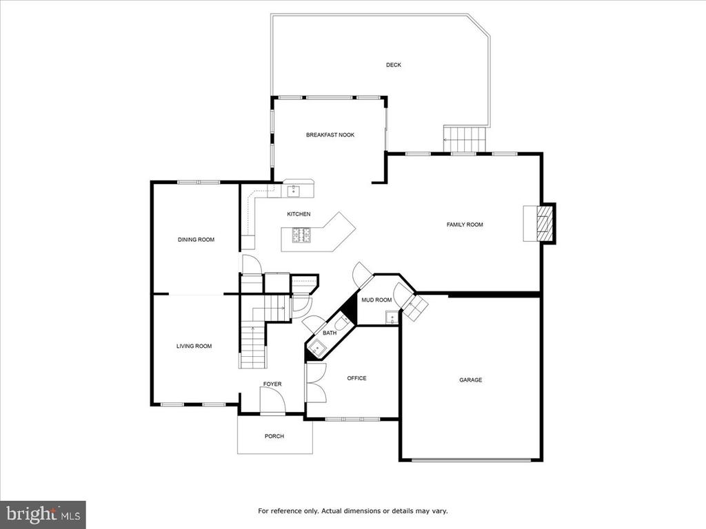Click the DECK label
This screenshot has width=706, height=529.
pyautogui.click(x=394, y=65)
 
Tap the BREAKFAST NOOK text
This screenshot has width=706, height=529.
pyautogui.click(x=330, y=135)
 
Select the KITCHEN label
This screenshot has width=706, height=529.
pyautogui.click(x=299, y=214)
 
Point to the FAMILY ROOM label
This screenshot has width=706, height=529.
pyautogui.click(x=465, y=225)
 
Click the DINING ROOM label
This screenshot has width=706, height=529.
pyautogui.click(x=196, y=240)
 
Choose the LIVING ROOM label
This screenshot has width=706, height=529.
pyautogui.click(x=194, y=346)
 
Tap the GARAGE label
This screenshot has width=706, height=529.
pyautogui.click(x=470, y=380)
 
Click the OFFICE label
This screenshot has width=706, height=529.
pyautogui.click(x=356, y=378)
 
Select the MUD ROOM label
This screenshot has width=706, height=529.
pyautogui.click(x=377, y=300)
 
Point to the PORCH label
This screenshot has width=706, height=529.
pyautogui.click(x=274, y=436)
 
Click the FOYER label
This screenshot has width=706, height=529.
pyautogui.click(x=272, y=384)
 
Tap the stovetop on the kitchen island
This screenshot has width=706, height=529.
pyautogui.click(x=301, y=236)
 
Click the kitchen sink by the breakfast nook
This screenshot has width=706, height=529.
pyautogui.click(x=294, y=191)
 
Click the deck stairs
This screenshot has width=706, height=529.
pyautogui.click(x=465, y=139)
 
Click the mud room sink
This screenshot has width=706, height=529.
pyautogui.click(x=392, y=318)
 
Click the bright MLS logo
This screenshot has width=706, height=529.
pyautogui.click(x=43, y=514)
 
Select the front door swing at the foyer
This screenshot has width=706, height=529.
pyautogui.click(x=272, y=400)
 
